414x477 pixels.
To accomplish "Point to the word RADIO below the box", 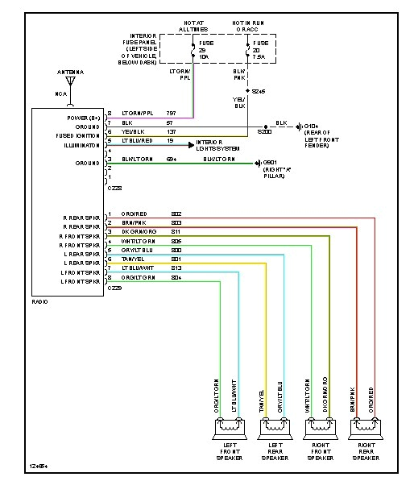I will [39, 301].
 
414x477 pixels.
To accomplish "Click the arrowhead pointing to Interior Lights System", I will [192, 145].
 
